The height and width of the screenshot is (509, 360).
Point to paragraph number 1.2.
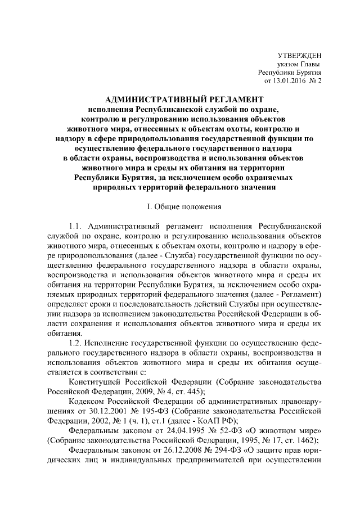tap(75, 342)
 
